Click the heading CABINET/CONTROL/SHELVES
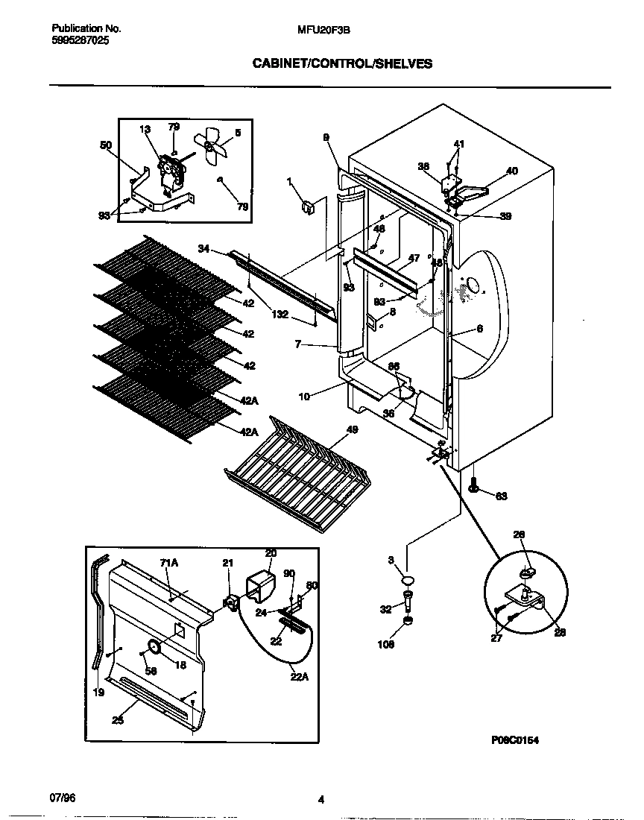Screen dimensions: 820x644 [x=342, y=65]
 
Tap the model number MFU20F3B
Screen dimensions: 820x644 [x=323, y=29]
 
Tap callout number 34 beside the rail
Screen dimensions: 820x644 [x=204, y=248]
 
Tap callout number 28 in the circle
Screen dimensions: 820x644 [x=560, y=632]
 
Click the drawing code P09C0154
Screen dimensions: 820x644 [x=514, y=740]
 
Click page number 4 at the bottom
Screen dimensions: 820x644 [x=321, y=801]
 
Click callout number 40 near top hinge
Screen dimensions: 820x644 [x=511, y=171]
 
